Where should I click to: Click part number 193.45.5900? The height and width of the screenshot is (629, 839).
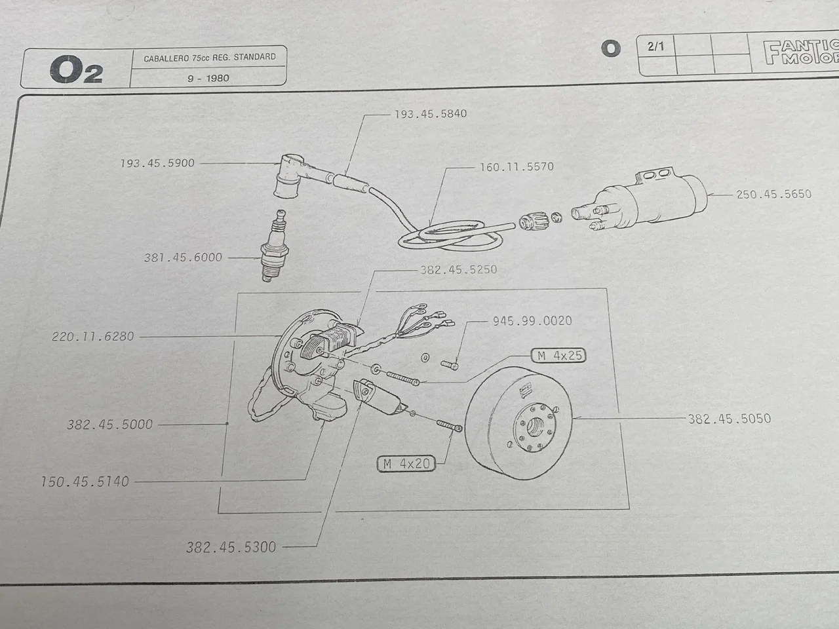point(157,163)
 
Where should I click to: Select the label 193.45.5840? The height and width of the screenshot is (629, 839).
point(431,114)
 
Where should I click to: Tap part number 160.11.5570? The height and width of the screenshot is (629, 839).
point(517,167)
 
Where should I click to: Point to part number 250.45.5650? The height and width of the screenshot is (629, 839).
point(773,195)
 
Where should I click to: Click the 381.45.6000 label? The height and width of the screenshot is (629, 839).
point(183,257)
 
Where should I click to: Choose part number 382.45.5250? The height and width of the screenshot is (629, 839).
point(458,269)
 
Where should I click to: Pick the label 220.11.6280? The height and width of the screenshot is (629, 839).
point(92,337)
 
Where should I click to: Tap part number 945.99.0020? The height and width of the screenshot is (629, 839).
point(532,321)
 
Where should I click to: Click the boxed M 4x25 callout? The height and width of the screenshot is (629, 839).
point(558,356)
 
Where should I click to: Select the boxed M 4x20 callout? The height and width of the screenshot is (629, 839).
point(407,464)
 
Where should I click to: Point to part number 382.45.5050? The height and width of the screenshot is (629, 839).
point(729,419)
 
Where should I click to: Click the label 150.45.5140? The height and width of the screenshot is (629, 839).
point(85,482)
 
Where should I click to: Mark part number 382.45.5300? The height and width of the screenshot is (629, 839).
point(231,547)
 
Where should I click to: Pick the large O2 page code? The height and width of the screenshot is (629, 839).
point(75,70)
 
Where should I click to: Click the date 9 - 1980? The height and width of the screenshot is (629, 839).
point(208,78)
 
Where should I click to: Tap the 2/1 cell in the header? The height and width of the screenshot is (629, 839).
point(655,47)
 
